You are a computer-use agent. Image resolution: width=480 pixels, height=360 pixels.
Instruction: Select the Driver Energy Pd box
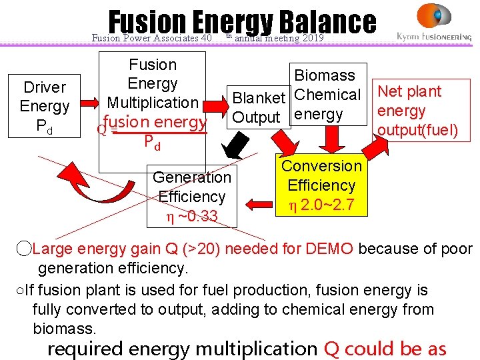45,107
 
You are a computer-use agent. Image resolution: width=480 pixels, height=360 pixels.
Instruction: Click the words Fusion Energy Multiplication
153,84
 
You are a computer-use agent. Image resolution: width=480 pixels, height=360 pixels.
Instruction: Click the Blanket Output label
258,107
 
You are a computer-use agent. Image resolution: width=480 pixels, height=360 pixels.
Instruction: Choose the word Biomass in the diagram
325,75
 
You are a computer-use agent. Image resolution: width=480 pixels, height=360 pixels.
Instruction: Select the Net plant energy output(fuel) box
418,110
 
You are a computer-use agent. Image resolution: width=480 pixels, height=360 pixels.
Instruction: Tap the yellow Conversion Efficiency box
322,186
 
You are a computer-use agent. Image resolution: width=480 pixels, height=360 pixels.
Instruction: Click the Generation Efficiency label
192,187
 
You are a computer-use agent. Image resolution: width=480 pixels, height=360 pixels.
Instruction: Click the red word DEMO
331,249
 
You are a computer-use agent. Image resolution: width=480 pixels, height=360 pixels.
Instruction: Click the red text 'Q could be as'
385,349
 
